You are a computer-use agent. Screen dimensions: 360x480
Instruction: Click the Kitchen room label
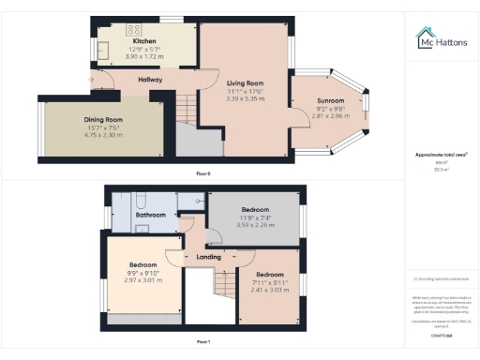click(x=144, y=41)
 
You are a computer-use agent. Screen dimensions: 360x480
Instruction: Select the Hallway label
click(x=150, y=80)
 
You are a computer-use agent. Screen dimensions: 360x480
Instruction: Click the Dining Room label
click(x=103, y=120)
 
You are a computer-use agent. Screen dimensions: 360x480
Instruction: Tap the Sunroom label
click(x=330, y=99)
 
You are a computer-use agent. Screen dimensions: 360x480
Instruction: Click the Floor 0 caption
click(x=203, y=173)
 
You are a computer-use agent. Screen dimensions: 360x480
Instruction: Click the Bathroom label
click(x=150, y=215)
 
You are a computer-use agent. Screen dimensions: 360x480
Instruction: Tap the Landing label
click(x=208, y=257)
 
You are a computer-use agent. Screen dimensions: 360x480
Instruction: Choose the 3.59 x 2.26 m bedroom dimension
click(x=255, y=224)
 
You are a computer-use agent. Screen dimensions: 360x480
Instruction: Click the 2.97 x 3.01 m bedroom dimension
click(x=144, y=279)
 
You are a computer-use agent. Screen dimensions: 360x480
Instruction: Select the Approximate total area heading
click(x=442, y=154)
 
